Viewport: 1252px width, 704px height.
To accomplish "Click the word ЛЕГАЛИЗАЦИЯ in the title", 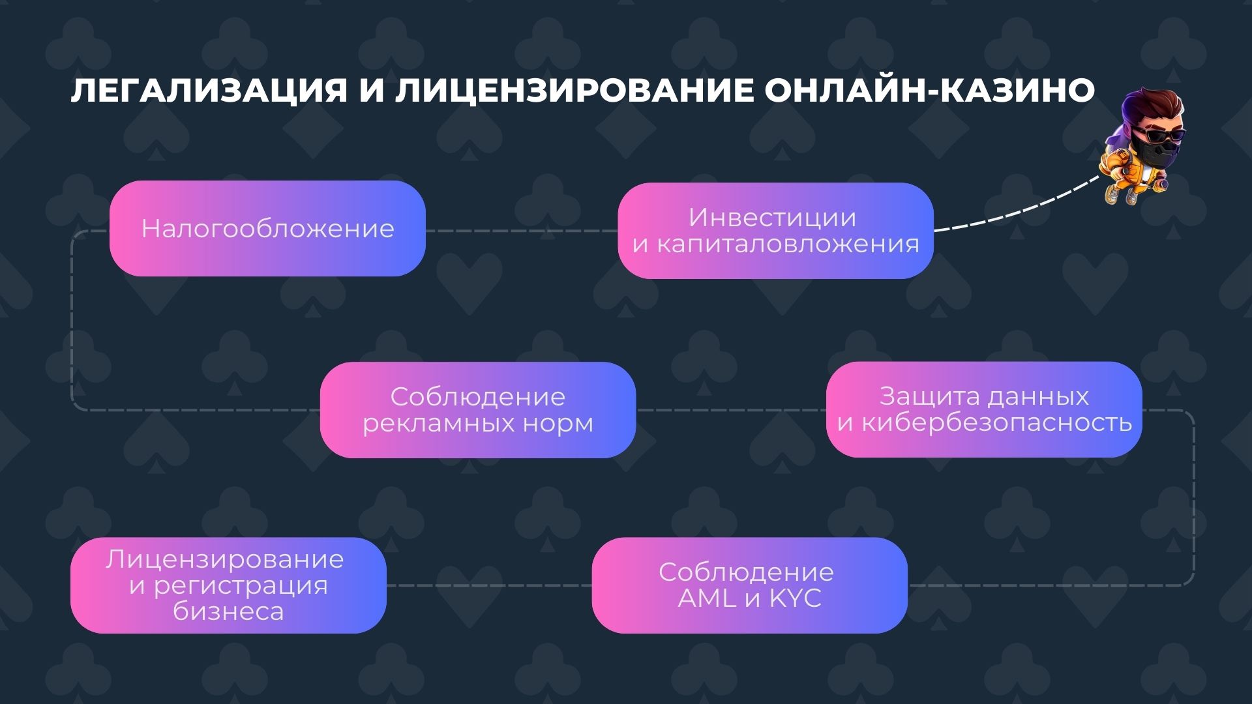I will point(209,92).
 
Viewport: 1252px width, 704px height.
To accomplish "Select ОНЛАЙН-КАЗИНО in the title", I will point(929,92).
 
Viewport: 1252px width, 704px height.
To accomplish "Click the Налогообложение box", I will point(267,229).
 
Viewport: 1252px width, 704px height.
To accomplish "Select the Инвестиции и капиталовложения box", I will point(775,231).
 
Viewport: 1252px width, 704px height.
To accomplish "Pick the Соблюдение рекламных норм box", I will point(477,410).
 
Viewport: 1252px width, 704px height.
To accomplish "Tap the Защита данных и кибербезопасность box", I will point(984,409).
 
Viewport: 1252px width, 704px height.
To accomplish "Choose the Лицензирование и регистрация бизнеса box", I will point(228,585).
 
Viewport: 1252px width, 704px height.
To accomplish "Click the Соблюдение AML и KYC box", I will point(749,585).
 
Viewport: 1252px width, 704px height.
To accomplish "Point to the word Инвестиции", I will point(772,218).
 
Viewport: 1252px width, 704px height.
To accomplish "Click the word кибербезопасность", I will point(996,423).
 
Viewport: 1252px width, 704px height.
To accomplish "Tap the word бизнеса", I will point(228,611).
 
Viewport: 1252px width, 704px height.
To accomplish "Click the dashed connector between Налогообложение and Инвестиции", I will point(522,231).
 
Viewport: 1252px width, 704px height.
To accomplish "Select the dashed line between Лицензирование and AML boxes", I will point(489,585).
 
